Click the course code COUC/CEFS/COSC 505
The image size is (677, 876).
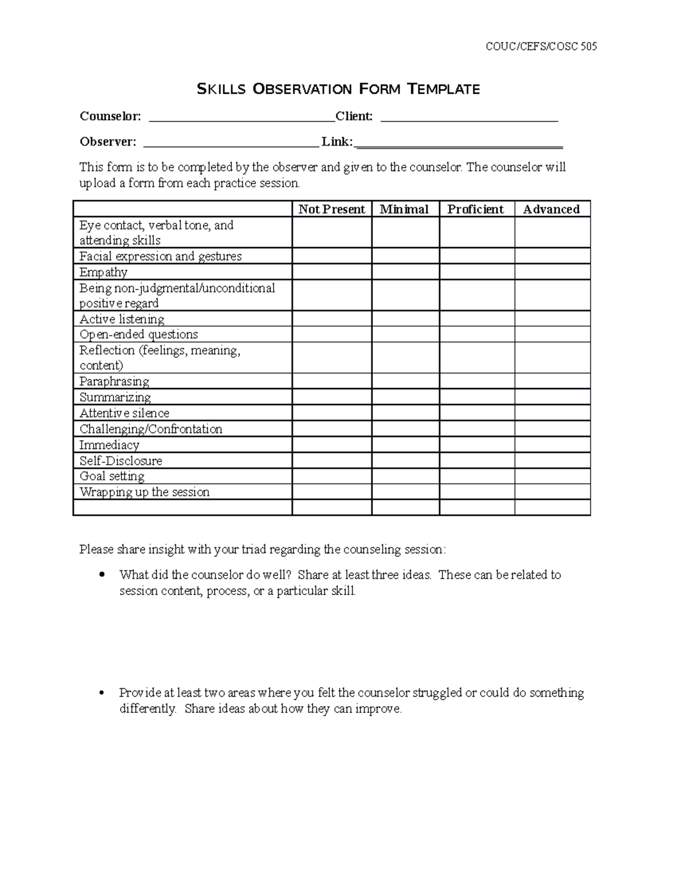pyautogui.click(x=541, y=46)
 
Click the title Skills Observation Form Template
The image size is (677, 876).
pyautogui.click(x=338, y=89)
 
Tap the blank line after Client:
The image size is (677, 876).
pyautogui.click(x=469, y=117)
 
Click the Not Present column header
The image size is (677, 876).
pyautogui.click(x=332, y=209)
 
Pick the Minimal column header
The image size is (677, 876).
pyautogui.click(x=405, y=209)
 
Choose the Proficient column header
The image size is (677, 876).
pyautogui.click(x=476, y=209)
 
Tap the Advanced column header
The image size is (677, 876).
pyautogui.click(x=551, y=209)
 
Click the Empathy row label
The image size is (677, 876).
pyautogui.click(x=103, y=272)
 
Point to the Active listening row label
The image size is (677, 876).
pyautogui.click(x=122, y=319)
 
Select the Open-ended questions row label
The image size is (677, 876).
pyautogui.click(x=139, y=334)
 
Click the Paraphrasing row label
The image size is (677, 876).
pyautogui.click(x=114, y=381)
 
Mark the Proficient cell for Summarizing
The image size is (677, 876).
pyautogui.click(x=477, y=397)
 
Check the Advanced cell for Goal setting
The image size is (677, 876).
pyautogui.click(x=552, y=476)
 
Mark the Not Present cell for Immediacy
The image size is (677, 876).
pyautogui.click(x=332, y=444)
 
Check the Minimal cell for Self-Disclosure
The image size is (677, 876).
pyautogui.click(x=405, y=460)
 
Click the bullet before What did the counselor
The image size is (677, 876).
pyautogui.click(x=102, y=575)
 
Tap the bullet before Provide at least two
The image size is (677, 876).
pyautogui.click(x=102, y=693)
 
